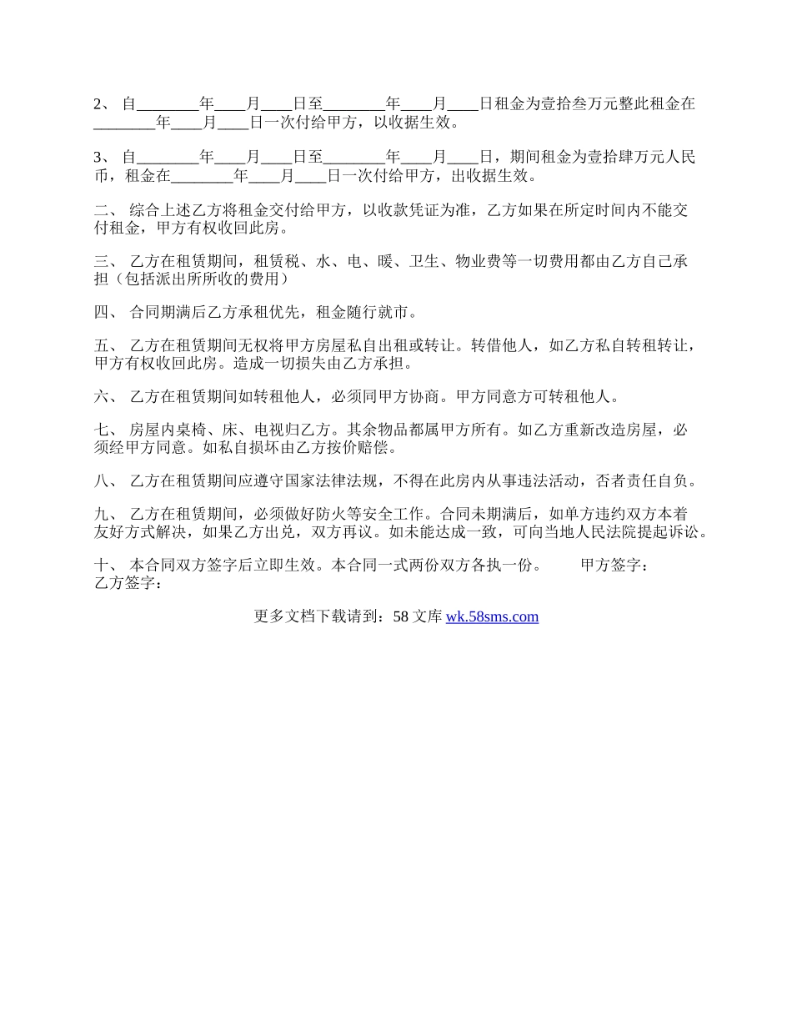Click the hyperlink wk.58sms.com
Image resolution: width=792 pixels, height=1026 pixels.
pos(492,617)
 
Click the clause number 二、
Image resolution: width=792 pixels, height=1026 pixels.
pos(106,210)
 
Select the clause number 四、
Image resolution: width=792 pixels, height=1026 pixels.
pos(106,314)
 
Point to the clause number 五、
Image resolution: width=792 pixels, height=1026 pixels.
pos(106,346)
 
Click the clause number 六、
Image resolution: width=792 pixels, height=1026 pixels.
pos(106,397)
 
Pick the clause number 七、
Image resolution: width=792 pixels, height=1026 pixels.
pos(106,430)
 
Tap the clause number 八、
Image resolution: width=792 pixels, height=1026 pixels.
pos(106,481)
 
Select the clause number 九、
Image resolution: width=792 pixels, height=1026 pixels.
pos(106,515)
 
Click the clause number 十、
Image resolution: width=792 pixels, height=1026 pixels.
pos(106,566)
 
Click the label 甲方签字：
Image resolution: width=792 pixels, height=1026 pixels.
pos(614,566)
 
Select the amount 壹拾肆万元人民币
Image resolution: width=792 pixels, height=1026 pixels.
pos(635,157)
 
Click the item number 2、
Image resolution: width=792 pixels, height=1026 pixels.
pos(103,105)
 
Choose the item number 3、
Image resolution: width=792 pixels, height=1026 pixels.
pos(103,157)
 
